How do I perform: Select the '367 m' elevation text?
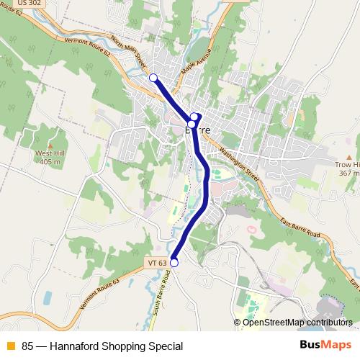coord(348,173)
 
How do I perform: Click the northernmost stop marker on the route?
coord(153,78)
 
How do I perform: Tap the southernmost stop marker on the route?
coord(174,264)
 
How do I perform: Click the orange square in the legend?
coord(9,346)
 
